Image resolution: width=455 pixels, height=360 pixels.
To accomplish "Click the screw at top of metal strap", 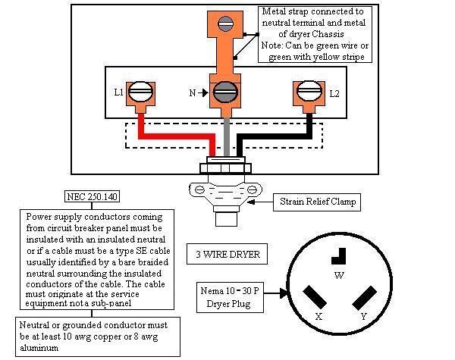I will [222, 24].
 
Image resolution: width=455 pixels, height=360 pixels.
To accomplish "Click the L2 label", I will [334, 93].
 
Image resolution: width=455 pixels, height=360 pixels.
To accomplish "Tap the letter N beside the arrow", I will [192, 94].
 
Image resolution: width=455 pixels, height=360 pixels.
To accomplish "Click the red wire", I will [174, 141].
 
